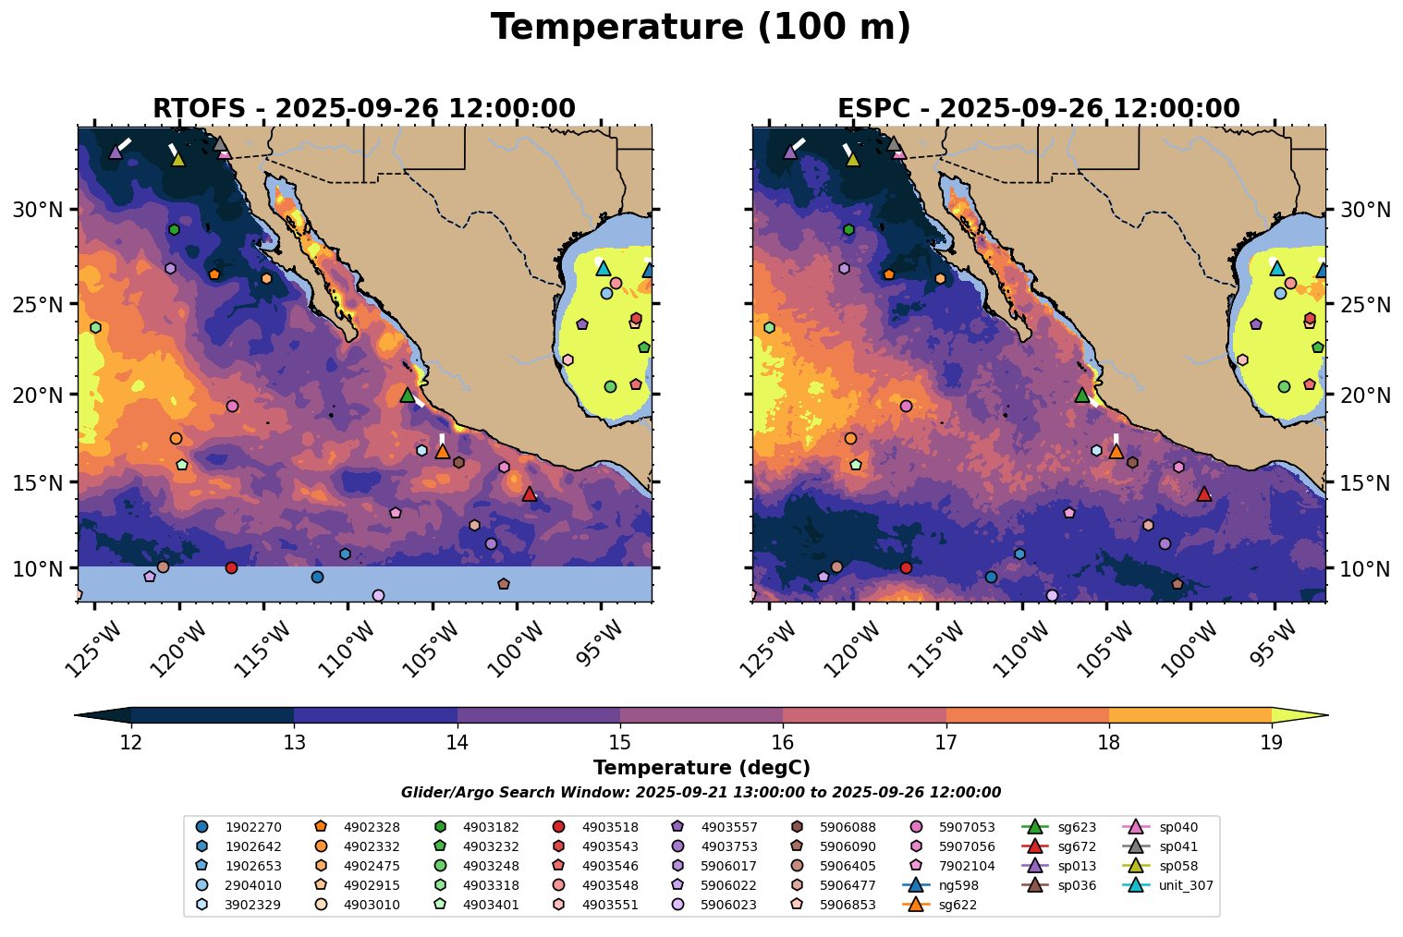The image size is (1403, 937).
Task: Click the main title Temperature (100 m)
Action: click(x=701, y=28)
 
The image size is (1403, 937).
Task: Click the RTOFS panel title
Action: click(x=364, y=109)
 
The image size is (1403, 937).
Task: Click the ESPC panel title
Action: click(x=1038, y=109)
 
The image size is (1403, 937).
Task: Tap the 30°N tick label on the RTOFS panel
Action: click(x=38, y=210)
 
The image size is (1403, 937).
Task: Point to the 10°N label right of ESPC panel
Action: click(x=1364, y=568)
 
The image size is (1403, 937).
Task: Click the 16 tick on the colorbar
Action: click(x=783, y=742)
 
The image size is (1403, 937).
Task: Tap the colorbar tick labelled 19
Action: click(x=1272, y=742)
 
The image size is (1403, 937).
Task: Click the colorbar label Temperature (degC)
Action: click(x=701, y=768)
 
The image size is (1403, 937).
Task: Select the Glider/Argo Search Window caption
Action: click(x=701, y=793)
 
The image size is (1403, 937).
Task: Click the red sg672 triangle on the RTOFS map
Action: click(x=530, y=494)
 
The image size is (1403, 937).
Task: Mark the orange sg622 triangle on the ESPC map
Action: click(x=1116, y=452)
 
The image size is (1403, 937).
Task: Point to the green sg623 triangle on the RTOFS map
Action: click(x=408, y=395)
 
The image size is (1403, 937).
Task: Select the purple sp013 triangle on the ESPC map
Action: click(x=790, y=152)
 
